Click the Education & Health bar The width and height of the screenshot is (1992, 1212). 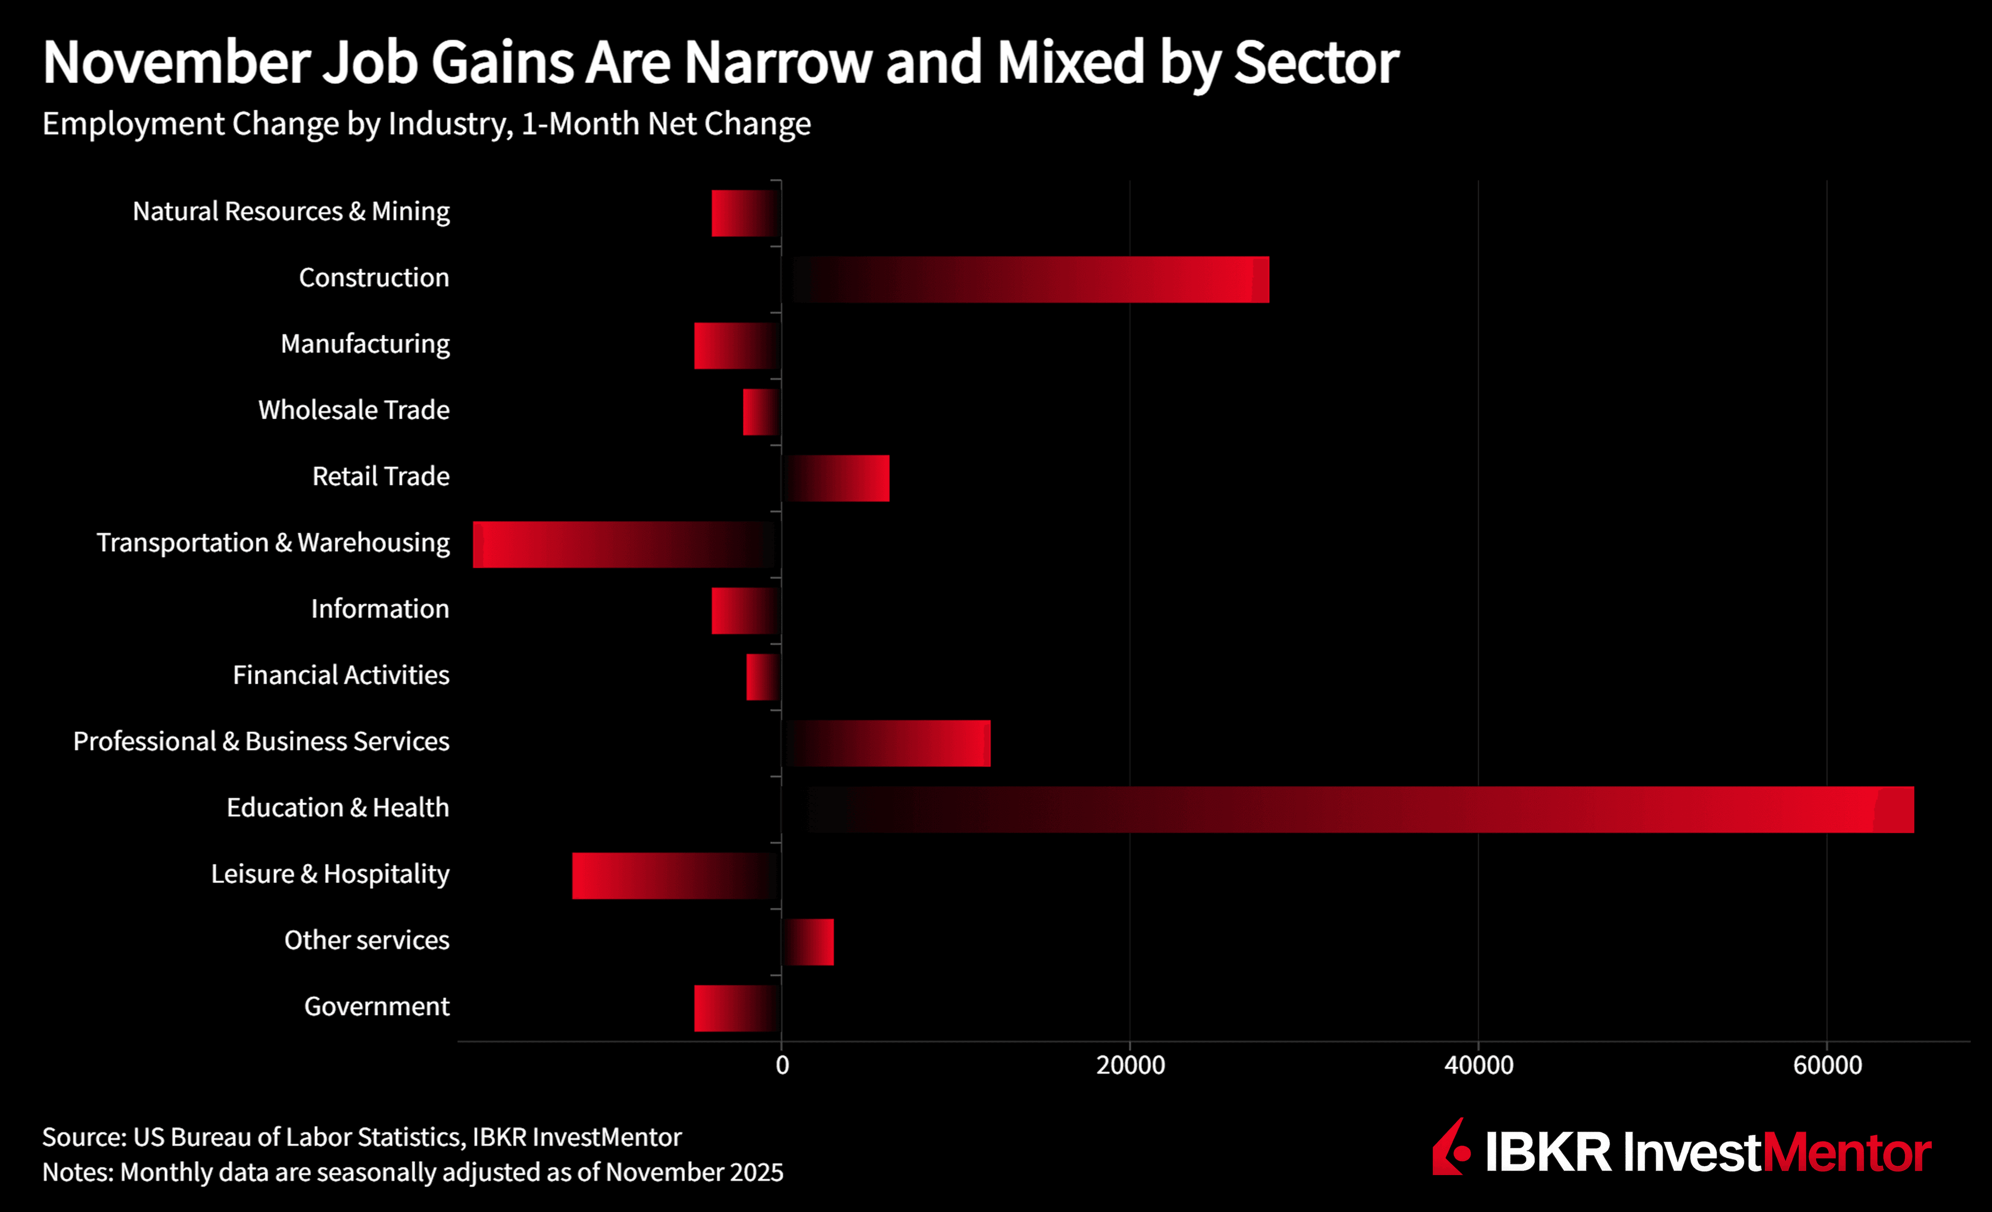point(1348,809)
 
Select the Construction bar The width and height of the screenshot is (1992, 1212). point(1025,280)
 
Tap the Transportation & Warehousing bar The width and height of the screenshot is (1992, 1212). point(627,544)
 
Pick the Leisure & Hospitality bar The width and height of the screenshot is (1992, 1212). point(676,876)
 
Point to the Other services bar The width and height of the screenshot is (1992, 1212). point(808,942)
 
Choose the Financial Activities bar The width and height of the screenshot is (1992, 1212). point(763,677)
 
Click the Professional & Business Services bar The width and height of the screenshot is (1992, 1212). point(886,743)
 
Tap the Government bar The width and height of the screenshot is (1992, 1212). point(737,1008)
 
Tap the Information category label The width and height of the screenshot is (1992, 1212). point(380,609)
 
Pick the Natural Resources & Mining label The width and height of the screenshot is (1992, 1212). point(291,212)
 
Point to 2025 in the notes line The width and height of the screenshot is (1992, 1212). point(757,1173)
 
